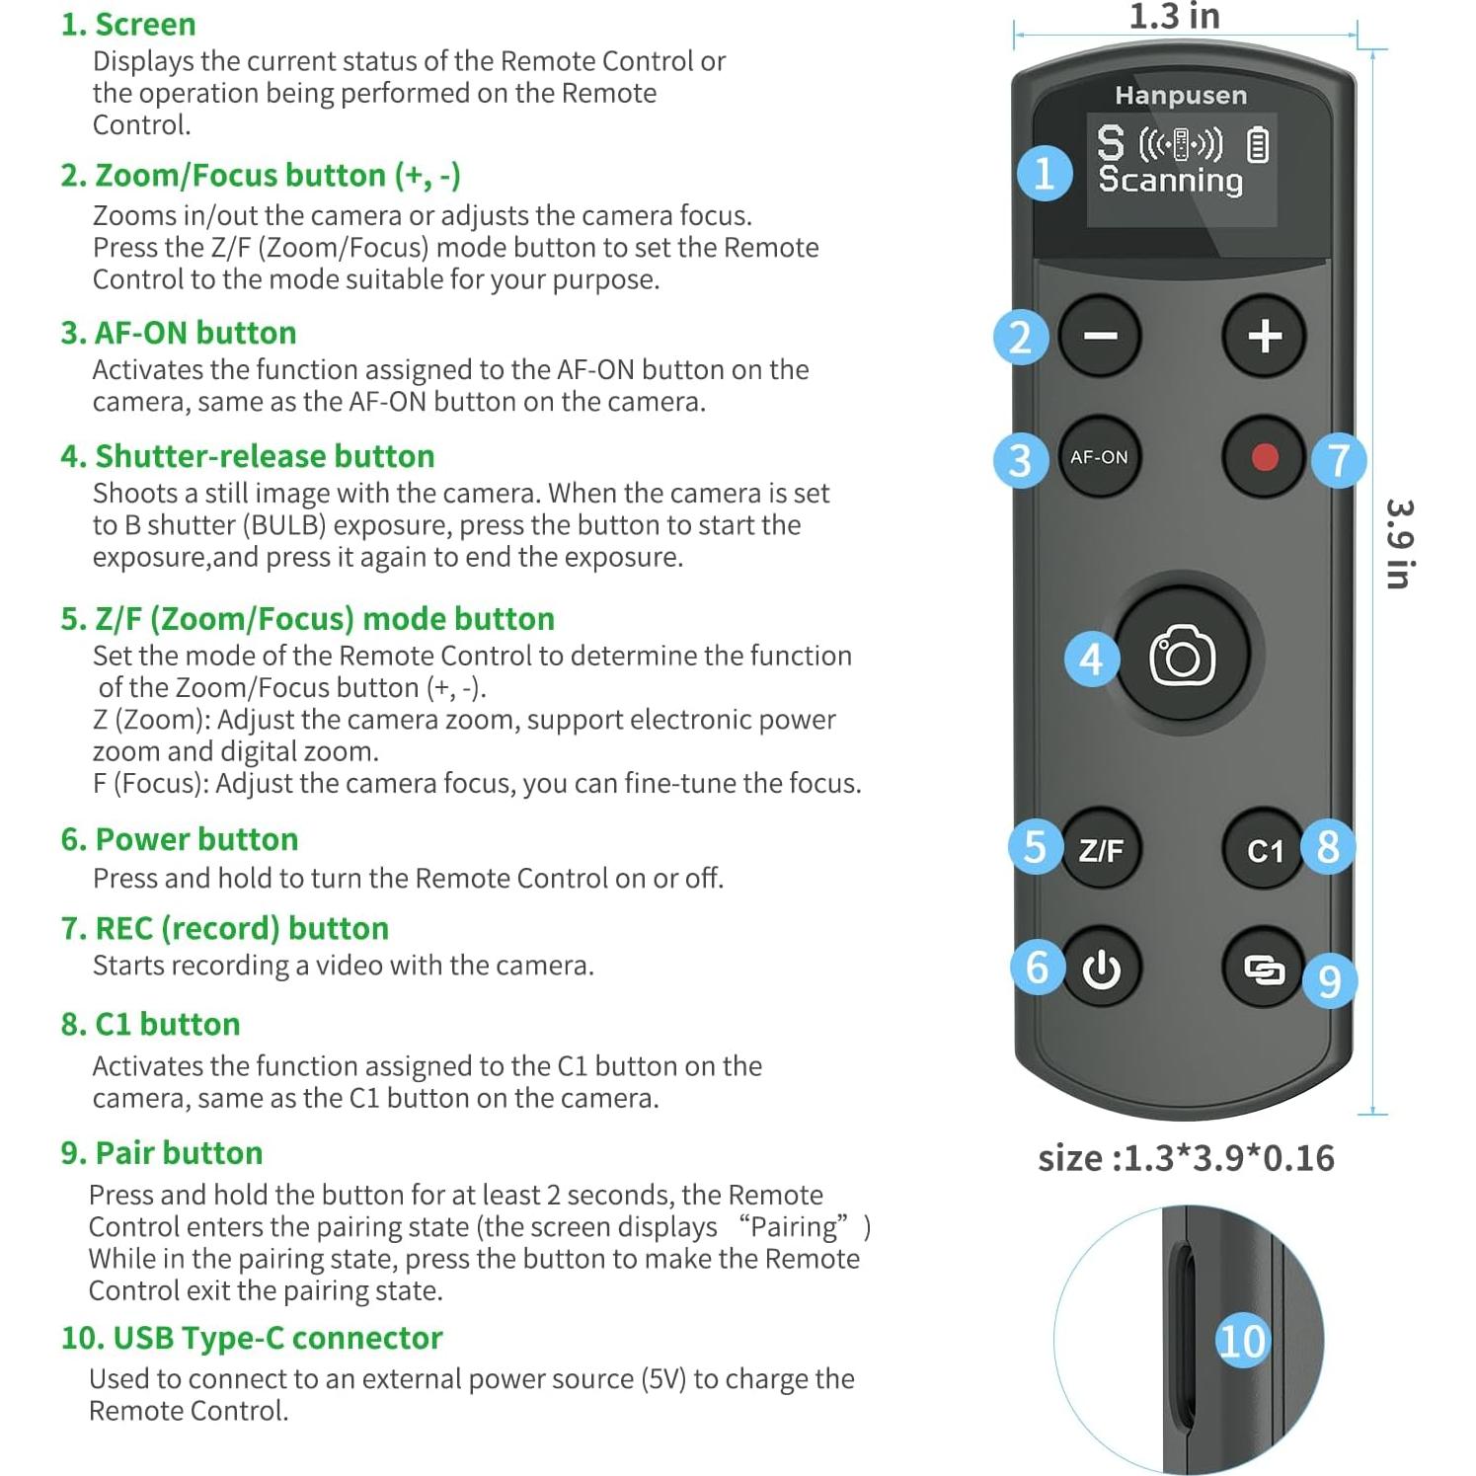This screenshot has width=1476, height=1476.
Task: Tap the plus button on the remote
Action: tap(1264, 337)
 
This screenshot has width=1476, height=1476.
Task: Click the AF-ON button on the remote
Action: tap(1099, 457)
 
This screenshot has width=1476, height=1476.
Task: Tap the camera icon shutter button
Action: tap(1182, 657)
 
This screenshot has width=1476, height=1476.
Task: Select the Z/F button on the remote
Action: tap(1101, 850)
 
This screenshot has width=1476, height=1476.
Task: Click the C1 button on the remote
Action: tap(1264, 850)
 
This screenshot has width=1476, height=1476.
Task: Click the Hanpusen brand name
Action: tap(1181, 96)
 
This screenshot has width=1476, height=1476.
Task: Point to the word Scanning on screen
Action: tap(1170, 180)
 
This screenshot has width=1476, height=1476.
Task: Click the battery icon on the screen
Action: tap(1257, 144)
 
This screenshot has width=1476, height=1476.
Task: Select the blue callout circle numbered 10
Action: tap(1241, 1341)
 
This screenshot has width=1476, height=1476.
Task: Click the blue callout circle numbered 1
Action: tap(1045, 174)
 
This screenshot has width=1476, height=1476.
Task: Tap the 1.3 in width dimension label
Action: tap(1174, 17)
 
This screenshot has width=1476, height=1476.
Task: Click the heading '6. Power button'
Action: tap(179, 839)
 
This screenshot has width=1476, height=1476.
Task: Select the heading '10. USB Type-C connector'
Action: tap(251, 1338)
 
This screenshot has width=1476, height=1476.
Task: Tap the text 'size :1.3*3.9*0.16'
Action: tap(1186, 1158)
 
